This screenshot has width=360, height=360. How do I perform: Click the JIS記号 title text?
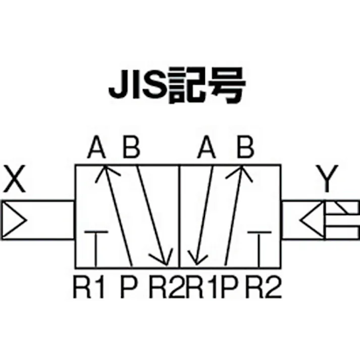point(177,85)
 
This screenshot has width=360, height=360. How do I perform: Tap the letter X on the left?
point(15,178)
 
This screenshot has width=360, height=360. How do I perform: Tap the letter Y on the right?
point(327,178)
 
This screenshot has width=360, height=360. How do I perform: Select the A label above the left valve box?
point(96,147)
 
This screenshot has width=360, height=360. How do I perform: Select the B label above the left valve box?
point(132,147)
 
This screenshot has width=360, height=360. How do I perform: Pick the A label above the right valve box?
point(207,147)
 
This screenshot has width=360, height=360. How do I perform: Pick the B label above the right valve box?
point(245,147)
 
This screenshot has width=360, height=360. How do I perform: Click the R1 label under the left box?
point(89,287)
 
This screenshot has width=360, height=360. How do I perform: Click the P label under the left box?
point(129,287)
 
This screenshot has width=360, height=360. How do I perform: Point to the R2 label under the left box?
point(167,287)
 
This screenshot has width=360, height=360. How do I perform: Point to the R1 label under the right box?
point(201,287)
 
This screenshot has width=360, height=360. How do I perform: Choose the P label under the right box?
point(229,287)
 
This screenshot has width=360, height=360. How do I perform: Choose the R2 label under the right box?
point(264,287)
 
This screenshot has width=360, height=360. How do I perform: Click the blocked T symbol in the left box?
point(96,249)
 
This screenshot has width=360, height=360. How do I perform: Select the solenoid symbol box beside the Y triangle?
point(342,220)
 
